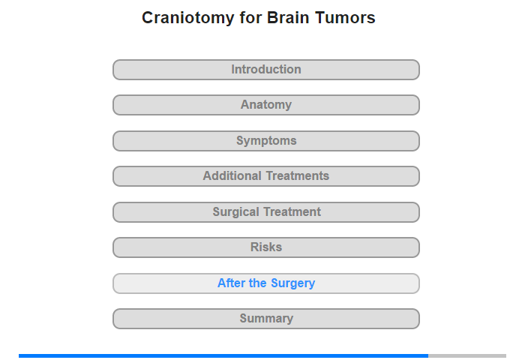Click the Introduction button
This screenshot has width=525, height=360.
266,70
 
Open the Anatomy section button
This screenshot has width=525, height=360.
266,105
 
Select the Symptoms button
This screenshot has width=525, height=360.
266,141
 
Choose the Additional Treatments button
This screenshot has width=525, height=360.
266,176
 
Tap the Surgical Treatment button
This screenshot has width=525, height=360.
266,212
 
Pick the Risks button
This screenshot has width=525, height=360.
266,247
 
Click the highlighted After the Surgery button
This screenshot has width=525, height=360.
266,283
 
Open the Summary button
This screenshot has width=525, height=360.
266,319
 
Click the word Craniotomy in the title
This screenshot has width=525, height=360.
187,18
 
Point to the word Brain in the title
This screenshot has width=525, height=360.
288,17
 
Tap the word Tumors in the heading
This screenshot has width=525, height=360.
345,17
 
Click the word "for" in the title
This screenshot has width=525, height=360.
250,17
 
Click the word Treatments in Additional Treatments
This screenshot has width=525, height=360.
298,175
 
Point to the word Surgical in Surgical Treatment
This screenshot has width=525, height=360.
236,212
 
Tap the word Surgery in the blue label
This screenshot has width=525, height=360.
293,283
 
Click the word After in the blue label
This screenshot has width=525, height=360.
231,283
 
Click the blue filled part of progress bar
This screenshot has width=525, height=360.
223,355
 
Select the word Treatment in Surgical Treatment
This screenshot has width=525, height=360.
292,211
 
